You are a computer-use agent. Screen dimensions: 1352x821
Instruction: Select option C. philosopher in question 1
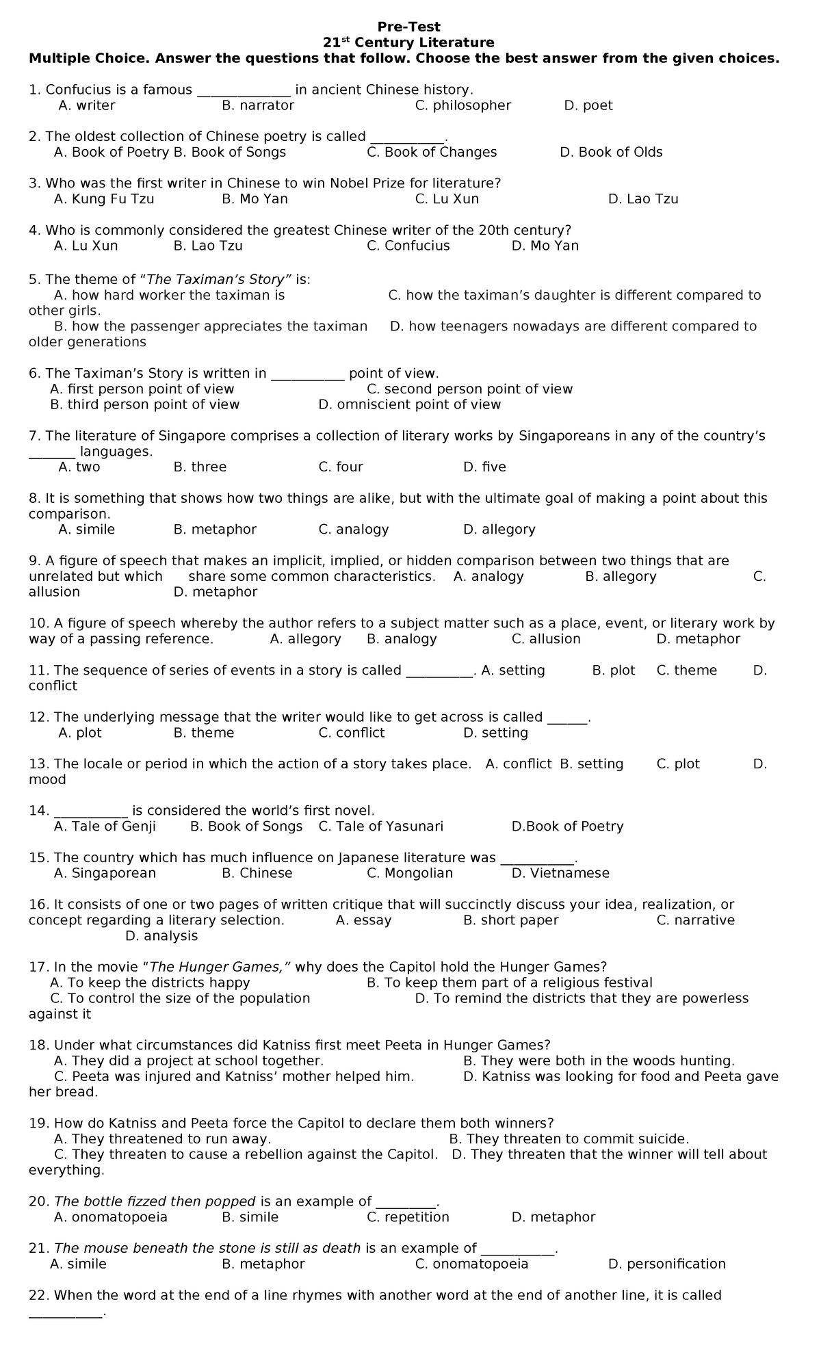(x=463, y=105)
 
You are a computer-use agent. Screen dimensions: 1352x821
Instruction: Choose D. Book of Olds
(x=611, y=152)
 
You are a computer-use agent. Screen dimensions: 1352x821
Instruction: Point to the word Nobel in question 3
(x=349, y=183)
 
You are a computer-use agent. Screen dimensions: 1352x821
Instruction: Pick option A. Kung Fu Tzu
(x=104, y=199)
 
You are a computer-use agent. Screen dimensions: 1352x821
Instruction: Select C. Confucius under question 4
(x=408, y=246)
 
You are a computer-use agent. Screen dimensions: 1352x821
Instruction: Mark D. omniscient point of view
(x=410, y=404)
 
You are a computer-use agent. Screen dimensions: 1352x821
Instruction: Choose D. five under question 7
(x=484, y=467)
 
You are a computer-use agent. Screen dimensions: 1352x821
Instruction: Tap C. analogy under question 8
(x=354, y=529)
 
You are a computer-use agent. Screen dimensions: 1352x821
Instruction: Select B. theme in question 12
(x=204, y=733)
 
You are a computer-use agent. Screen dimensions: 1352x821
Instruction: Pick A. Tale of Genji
(x=105, y=826)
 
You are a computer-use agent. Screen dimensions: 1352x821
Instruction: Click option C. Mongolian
(x=410, y=873)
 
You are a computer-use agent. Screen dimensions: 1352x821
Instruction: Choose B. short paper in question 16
(x=510, y=920)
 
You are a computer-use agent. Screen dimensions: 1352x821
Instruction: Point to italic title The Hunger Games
(x=220, y=967)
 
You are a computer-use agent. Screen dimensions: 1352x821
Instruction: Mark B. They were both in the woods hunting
(x=599, y=1061)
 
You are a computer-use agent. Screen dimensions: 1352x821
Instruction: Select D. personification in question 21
(x=666, y=1264)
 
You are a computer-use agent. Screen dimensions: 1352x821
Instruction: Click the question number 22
(x=38, y=1295)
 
